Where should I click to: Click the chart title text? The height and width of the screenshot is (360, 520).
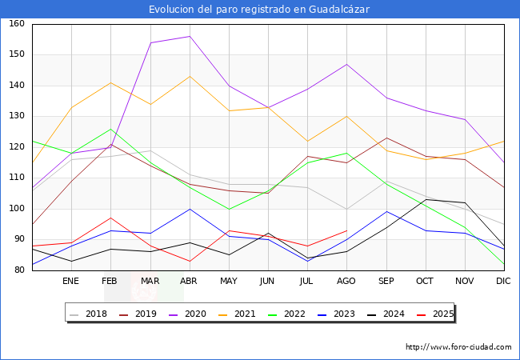point(259,9)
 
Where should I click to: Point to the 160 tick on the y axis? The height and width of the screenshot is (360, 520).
point(16,24)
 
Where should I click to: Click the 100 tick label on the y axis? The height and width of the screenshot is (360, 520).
point(16,209)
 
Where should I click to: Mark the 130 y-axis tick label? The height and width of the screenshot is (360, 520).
point(16,117)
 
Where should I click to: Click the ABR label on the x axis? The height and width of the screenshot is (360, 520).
point(189,282)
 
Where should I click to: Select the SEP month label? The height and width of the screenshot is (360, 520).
point(386,282)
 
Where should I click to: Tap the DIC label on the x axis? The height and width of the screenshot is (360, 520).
point(503,282)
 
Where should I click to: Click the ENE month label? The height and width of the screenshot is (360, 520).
point(70,282)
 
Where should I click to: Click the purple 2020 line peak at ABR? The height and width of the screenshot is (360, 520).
point(190,36)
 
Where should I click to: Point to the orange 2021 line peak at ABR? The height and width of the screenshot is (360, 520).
point(190,76)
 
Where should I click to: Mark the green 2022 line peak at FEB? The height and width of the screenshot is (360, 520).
point(110,129)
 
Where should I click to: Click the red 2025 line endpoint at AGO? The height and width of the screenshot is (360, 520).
point(346,230)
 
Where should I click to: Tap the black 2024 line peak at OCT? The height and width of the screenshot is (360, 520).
point(425,200)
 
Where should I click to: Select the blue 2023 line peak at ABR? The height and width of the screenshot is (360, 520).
point(190,209)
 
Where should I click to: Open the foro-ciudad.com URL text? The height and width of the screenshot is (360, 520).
point(458,347)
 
